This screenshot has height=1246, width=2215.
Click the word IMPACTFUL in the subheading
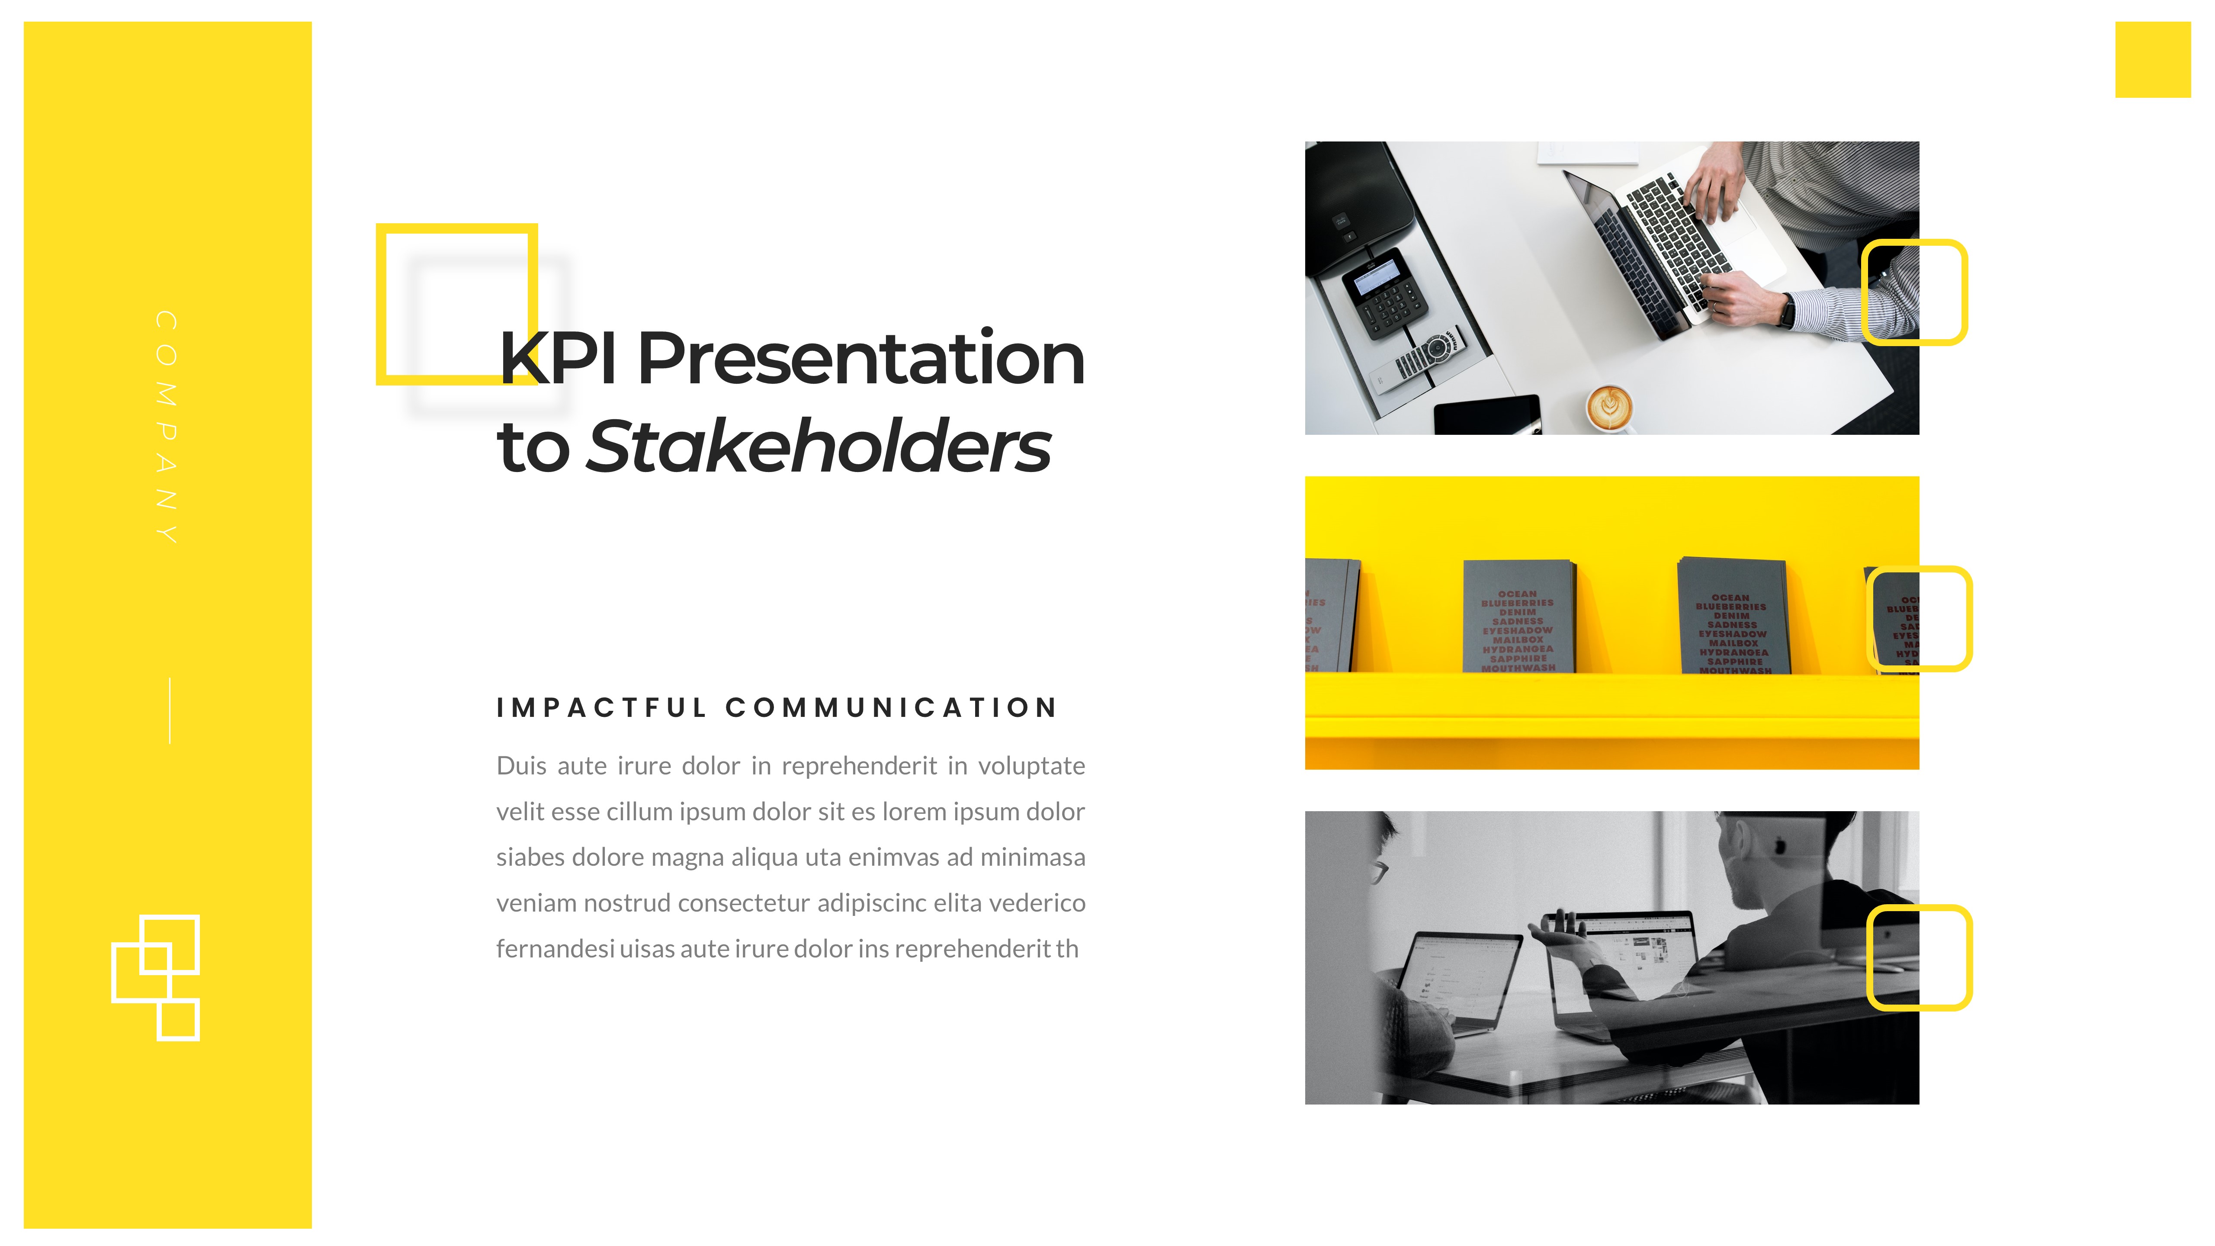pyautogui.click(x=602, y=708)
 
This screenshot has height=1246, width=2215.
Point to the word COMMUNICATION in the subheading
pyautogui.click(x=892, y=708)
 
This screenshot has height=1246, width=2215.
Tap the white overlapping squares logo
pyautogui.click(x=156, y=978)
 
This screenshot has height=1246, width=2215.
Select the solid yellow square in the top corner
pyautogui.click(x=2152, y=59)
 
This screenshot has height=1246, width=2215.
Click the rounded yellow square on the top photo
pyautogui.click(x=1914, y=292)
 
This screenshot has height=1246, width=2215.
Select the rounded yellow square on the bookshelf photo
pyautogui.click(x=1918, y=618)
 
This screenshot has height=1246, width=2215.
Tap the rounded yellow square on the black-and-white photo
pyautogui.click(x=1918, y=957)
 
